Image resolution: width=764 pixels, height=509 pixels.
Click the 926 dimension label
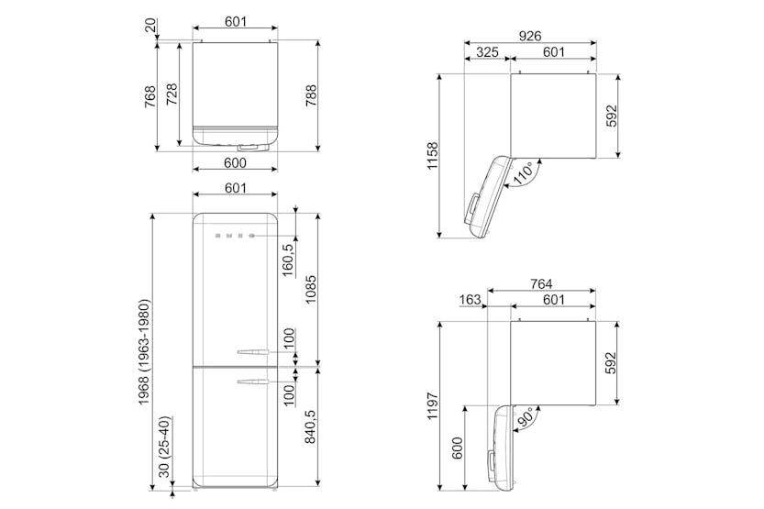[529, 36]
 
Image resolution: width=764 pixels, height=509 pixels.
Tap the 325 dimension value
[487, 51]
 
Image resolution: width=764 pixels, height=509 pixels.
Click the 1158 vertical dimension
[433, 156]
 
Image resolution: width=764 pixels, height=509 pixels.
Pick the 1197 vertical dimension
[433, 406]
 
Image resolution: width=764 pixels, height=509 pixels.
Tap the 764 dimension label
[541, 283]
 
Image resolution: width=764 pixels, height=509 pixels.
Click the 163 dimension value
[470, 300]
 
